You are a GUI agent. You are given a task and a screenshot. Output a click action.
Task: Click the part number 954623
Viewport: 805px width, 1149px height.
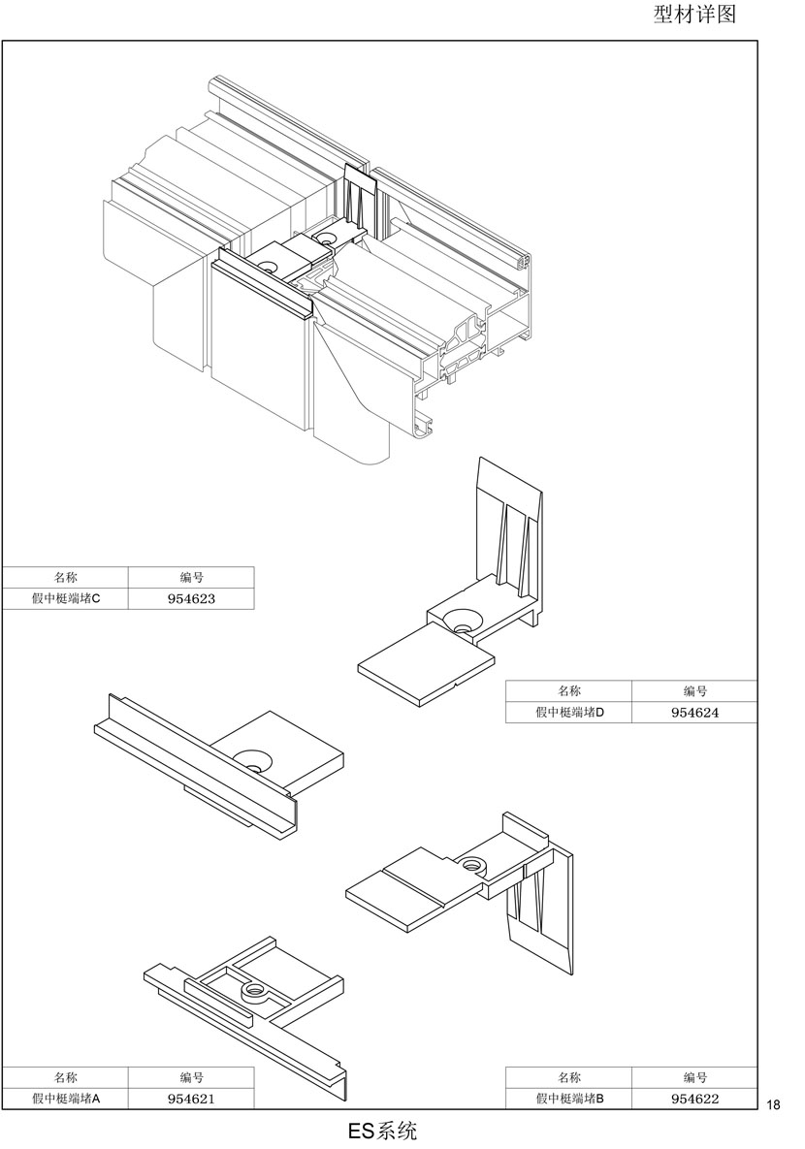(191, 598)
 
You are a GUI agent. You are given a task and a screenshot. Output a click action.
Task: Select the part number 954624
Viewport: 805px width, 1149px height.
(695, 713)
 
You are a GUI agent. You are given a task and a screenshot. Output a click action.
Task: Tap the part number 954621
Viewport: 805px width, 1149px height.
(191, 1099)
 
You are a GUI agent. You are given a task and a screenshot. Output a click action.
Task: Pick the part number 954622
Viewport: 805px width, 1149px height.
(695, 1099)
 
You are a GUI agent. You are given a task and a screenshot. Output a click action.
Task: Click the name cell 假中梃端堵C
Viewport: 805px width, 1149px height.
(65, 598)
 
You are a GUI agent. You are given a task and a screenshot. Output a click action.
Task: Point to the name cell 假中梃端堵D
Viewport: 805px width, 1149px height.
(569, 713)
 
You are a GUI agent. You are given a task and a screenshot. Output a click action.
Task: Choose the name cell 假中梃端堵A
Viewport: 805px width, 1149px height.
(65, 1099)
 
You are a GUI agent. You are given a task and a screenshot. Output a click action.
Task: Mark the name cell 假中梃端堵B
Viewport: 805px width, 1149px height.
(569, 1099)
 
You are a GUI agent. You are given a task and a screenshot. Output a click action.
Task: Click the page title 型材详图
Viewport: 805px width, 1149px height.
(694, 14)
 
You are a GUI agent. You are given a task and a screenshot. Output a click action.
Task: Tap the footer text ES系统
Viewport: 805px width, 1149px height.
(382, 1131)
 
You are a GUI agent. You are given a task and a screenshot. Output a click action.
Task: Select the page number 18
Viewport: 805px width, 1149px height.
(773, 1105)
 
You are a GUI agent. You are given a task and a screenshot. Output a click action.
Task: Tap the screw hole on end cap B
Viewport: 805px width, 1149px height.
(470, 865)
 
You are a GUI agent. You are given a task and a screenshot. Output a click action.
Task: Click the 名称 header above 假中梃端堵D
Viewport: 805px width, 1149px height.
(569, 691)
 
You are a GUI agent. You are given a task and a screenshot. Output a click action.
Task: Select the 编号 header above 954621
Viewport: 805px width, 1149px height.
(191, 1077)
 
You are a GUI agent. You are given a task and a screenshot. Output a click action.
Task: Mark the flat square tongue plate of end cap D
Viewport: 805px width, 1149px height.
(426, 665)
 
